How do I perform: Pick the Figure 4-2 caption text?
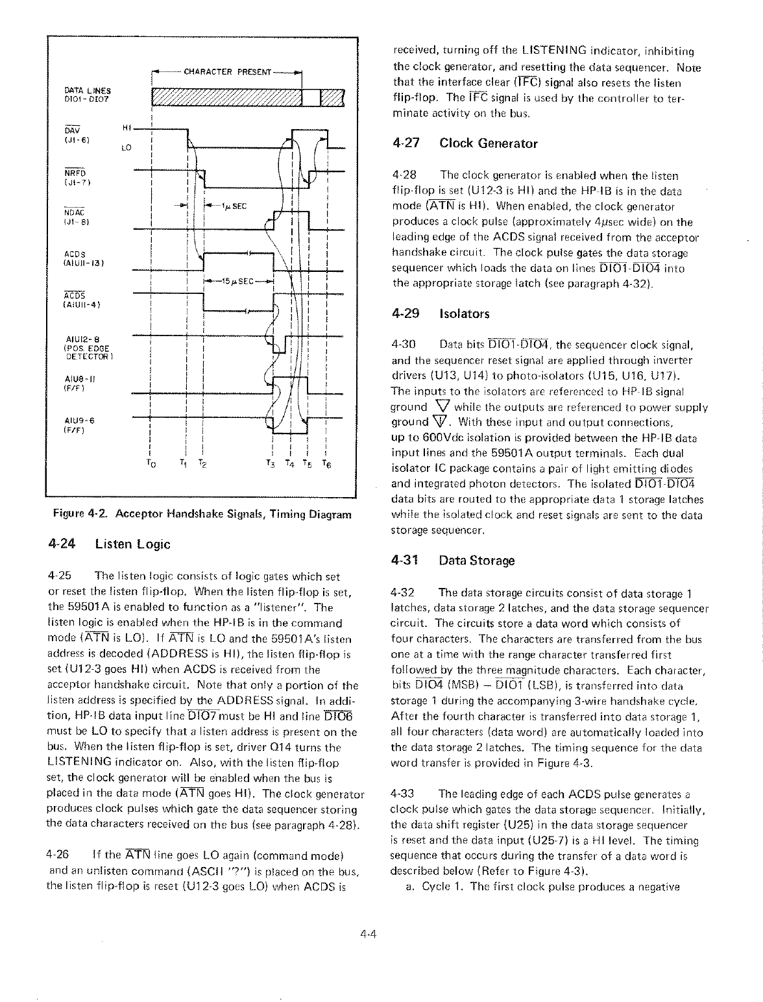point(202,514)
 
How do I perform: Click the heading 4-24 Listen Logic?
point(109,544)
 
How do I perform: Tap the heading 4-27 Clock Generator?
point(465,143)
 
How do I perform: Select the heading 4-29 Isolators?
point(441,314)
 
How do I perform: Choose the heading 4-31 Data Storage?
point(454,560)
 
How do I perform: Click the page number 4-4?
point(373,935)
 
